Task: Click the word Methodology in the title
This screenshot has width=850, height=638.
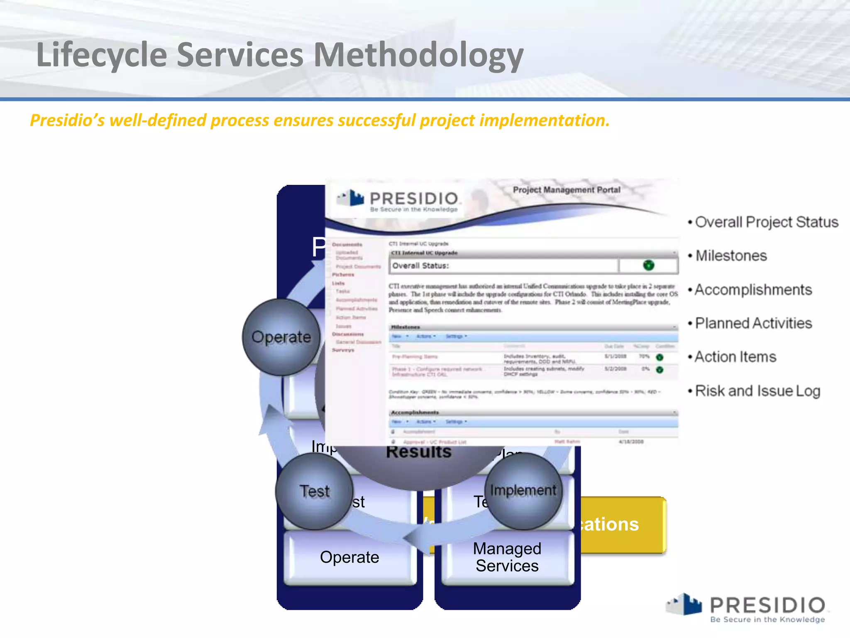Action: point(418,55)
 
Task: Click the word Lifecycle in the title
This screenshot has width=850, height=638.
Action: point(102,55)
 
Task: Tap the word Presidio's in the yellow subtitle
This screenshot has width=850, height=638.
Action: point(67,120)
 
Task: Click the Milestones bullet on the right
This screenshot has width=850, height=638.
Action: point(731,256)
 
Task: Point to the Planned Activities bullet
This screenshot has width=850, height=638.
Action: point(753,323)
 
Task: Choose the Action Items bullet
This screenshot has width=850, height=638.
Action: point(735,357)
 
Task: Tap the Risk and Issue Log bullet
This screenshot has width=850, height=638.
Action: point(757,391)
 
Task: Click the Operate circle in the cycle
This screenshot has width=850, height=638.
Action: point(281,337)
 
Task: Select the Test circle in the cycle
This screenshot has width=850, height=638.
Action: point(314,491)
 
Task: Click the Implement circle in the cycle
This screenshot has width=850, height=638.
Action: point(523,491)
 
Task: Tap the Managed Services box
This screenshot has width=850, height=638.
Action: point(507,557)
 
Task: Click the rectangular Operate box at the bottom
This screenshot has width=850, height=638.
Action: point(349,557)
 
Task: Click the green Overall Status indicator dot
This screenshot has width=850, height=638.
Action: point(648,265)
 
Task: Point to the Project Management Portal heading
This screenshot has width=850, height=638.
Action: point(567,190)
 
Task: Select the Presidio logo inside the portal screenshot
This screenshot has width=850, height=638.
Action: point(398,201)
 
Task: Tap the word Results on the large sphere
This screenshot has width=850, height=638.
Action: point(418,452)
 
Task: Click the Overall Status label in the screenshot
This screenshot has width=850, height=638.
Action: point(420,266)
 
